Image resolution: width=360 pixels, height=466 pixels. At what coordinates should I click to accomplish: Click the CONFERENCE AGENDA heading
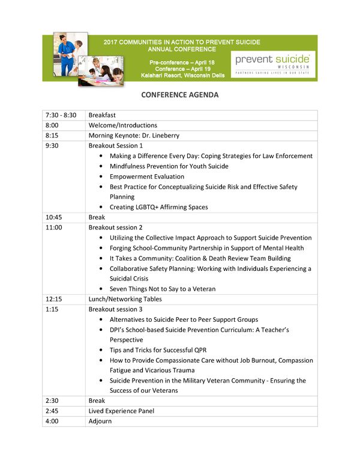(180, 95)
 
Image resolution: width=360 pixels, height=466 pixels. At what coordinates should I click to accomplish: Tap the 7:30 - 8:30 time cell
(61, 115)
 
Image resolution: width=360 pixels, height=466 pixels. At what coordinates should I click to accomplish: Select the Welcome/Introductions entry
(123, 125)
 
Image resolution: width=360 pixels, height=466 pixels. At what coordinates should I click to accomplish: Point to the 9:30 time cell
(52, 145)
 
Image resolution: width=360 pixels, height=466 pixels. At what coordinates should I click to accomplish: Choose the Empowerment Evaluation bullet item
(147, 177)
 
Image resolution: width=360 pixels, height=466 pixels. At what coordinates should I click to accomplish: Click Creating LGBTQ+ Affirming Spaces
(159, 207)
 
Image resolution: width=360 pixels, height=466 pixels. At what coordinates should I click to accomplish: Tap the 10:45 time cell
(54, 217)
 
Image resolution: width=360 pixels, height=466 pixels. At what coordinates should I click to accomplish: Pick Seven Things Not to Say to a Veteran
(163, 289)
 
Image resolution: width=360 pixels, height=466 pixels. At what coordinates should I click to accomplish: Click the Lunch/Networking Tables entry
(125, 299)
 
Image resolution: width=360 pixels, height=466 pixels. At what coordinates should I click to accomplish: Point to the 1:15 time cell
(52, 309)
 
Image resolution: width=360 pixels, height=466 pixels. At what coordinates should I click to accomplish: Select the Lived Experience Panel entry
(121, 411)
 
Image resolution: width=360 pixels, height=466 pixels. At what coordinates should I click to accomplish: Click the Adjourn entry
(100, 421)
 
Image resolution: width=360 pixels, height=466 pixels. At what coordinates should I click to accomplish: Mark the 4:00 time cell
(52, 421)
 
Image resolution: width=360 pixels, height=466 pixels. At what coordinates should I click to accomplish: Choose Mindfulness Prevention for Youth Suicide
(169, 166)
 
